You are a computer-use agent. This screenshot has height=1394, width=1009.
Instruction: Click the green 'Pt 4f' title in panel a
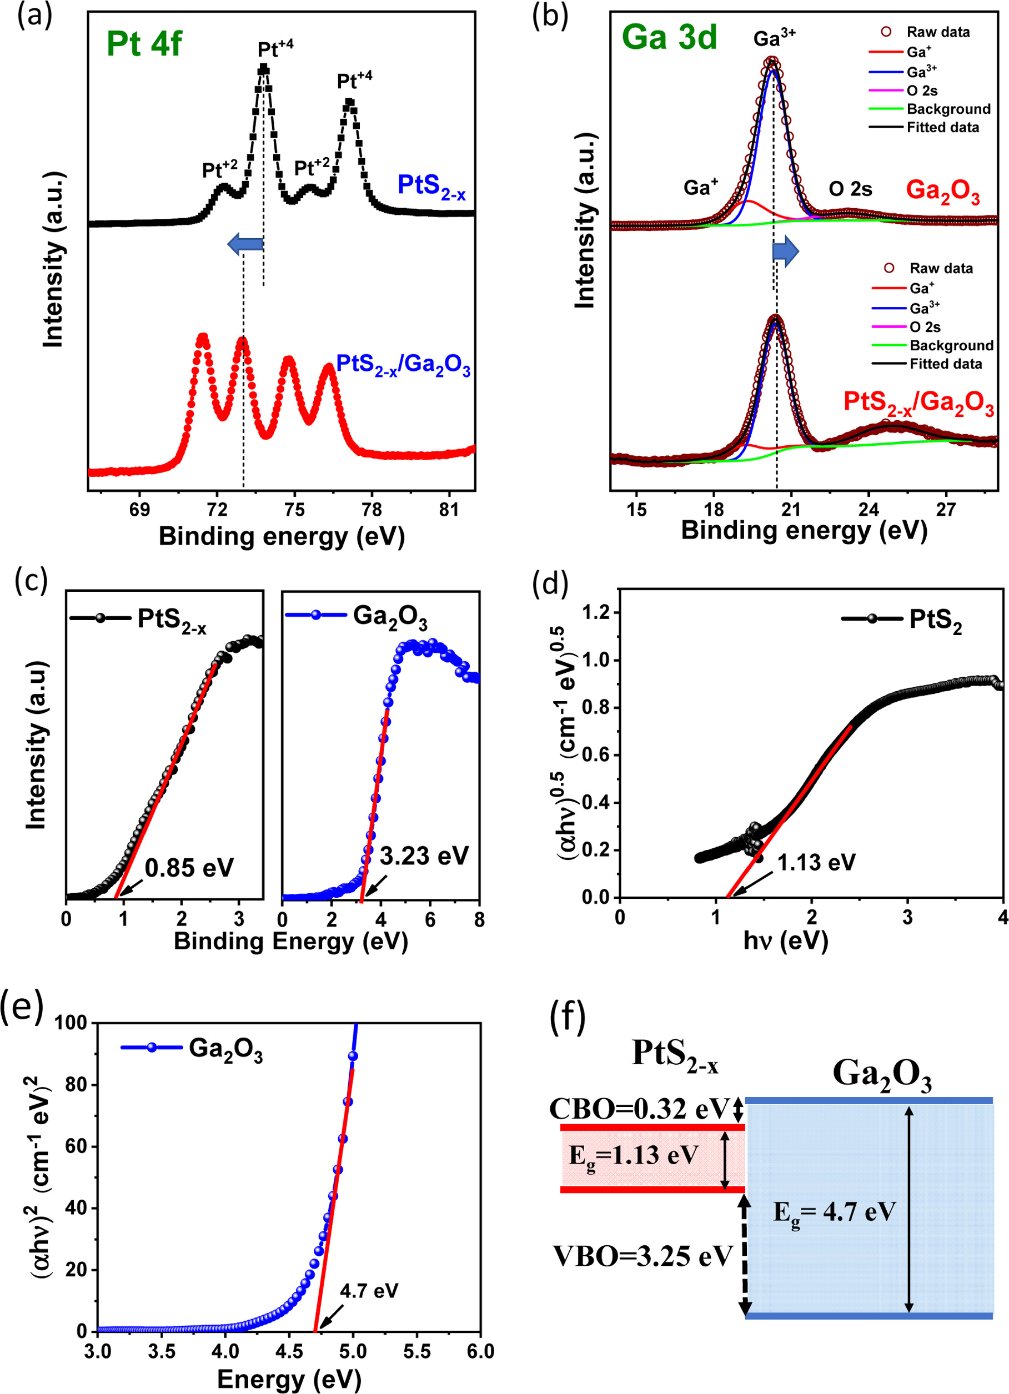[x=144, y=44]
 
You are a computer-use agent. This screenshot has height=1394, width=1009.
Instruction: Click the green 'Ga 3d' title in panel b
[x=670, y=37]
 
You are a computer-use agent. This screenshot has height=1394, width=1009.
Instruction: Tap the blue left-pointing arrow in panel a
[x=245, y=245]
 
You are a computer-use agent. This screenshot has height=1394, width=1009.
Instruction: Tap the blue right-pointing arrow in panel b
[x=786, y=251]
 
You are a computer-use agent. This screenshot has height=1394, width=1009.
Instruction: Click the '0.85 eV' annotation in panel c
[x=189, y=867]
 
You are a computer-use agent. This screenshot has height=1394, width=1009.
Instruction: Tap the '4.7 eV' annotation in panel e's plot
[x=369, y=1291]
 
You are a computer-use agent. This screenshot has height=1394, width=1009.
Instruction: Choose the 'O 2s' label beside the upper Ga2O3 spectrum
[x=850, y=189]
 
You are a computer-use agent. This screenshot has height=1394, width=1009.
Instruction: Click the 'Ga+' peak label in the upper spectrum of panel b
[x=701, y=187]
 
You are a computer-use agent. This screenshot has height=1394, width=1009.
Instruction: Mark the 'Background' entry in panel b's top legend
[x=948, y=109]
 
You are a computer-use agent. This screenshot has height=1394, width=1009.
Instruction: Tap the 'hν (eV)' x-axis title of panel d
[x=786, y=940]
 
